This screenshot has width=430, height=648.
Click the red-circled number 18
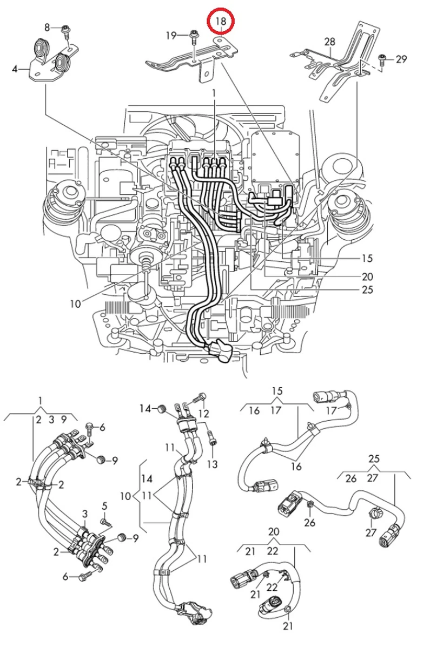[x=221, y=22]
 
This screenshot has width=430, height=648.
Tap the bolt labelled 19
[x=194, y=37]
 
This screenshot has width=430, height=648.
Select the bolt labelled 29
[x=382, y=58]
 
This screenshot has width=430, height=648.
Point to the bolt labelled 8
[x=65, y=29]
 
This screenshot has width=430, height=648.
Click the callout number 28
[x=330, y=42]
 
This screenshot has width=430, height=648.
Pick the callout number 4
[x=15, y=69]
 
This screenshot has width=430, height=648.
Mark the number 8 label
[x=47, y=27]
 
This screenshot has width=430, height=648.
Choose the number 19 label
[x=171, y=36]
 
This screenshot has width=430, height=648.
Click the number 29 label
[x=401, y=59]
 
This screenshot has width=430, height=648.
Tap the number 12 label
[x=203, y=414]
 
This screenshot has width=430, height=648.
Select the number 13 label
[x=212, y=464]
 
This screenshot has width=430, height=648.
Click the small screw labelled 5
[x=107, y=522]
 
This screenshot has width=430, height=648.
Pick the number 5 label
[x=105, y=506]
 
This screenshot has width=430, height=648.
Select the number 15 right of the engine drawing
[x=367, y=259]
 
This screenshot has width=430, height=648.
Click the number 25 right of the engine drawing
[x=367, y=290]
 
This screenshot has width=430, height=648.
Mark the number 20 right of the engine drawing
[x=367, y=276]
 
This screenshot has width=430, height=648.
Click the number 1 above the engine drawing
[x=214, y=93]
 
